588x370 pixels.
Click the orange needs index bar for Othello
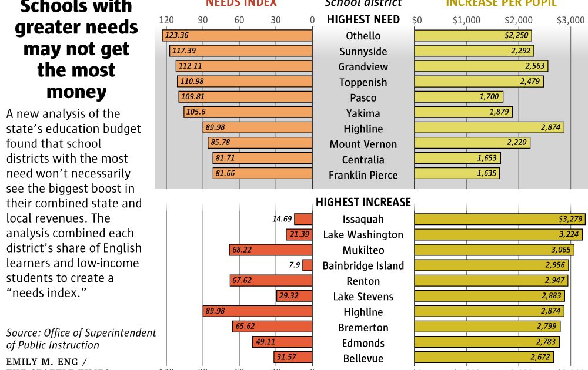click(237, 36)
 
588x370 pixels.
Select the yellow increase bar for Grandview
click(481, 66)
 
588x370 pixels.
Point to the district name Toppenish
click(363, 82)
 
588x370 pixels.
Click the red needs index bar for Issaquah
click(303, 219)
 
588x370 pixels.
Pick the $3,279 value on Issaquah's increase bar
click(570, 219)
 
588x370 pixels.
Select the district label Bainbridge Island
click(363, 265)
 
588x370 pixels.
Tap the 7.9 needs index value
click(295, 265)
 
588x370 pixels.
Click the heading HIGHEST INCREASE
click(363, 202)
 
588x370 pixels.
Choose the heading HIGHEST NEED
click(363, 19)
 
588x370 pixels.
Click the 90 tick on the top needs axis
click(203, 20)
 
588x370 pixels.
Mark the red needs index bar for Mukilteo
click(270, 250)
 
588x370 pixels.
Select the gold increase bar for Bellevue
click(484, 358)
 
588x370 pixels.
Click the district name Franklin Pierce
click(363, 175)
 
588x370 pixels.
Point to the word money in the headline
click(76, 92)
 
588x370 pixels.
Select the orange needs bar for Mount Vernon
click(260, 143)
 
